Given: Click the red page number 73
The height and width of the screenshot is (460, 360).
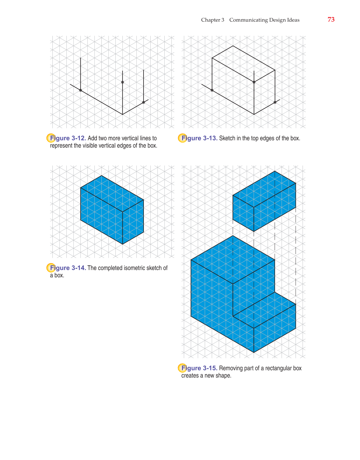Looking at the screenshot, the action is [331, 20].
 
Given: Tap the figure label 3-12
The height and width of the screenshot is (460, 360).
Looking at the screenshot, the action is [78, 138].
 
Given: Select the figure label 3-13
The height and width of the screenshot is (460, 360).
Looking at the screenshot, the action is [210, 138].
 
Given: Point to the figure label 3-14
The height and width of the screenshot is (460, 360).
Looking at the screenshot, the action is [78, 268].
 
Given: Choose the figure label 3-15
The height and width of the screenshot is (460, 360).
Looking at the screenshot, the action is [210, 368].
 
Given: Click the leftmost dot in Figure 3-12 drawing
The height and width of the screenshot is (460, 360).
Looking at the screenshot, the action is [81, 90].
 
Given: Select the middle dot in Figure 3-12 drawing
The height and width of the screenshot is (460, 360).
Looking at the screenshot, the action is [122, 82].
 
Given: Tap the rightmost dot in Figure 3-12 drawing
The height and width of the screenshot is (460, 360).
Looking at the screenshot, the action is [143, 103].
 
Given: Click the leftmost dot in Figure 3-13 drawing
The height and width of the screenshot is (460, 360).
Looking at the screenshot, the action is [212, 90].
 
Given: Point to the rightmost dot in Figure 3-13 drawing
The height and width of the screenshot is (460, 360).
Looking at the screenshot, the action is [275, 103].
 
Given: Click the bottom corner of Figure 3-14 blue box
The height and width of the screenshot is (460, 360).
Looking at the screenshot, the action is [122, 244].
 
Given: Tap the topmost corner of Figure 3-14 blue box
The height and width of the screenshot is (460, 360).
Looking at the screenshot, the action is [101, 175].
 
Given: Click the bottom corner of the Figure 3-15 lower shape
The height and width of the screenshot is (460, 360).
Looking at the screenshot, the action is [254, 352].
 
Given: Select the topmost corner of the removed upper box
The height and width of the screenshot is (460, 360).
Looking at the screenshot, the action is [275, 171].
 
